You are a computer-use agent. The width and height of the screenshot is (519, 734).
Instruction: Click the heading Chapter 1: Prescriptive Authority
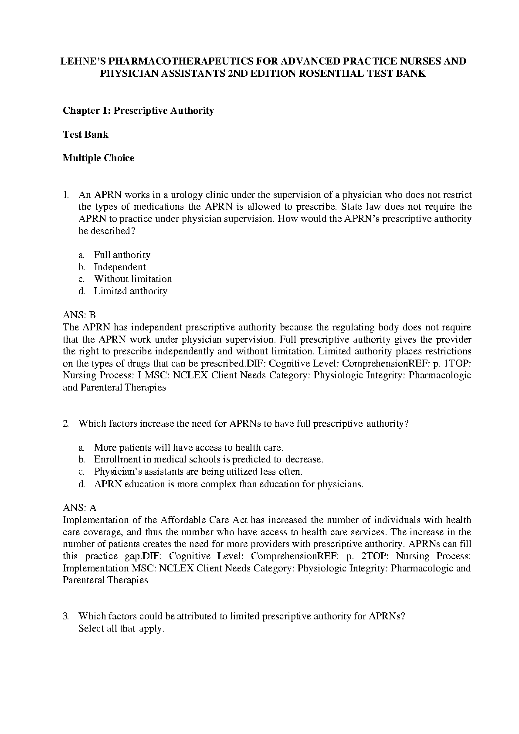(138, 111)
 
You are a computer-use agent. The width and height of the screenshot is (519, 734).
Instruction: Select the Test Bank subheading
(85, 134)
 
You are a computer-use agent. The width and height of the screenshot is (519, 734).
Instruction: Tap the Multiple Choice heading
(98, 158)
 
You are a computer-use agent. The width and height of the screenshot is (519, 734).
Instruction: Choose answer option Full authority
(122, 255)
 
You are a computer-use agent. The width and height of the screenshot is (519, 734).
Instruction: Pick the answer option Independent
(120, 267)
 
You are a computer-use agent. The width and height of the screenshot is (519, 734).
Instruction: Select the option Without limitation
(133, 279)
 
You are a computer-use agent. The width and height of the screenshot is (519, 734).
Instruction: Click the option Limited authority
(130, 291)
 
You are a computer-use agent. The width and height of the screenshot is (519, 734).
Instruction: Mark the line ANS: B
(79, 315)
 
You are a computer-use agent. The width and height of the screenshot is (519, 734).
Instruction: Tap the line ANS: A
(80, 508)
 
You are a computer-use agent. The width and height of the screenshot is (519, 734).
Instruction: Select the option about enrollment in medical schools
(208, 459)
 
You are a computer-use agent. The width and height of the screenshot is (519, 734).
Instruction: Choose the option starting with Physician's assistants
(198, 472)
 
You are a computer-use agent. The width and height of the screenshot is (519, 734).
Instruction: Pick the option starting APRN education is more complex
(228, 484)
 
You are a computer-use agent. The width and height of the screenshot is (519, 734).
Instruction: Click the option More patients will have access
(189, 448)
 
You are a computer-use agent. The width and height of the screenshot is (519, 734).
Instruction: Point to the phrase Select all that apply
(121, 629)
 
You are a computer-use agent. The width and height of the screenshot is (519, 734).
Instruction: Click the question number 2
(65, 424)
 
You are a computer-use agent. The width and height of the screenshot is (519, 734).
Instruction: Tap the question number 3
(65, 616)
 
